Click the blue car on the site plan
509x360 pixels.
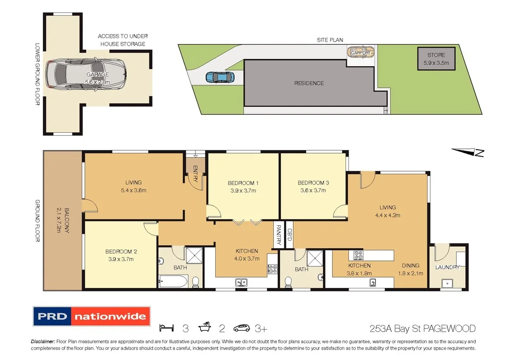[x=219, y=77]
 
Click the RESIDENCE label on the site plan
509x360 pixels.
[x=309, y=83]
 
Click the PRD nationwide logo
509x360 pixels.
[x=91, y=316]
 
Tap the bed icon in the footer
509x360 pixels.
[x=167, y=328]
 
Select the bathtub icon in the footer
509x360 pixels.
[x=205, y=328]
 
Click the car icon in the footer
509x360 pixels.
[x=244, y=328]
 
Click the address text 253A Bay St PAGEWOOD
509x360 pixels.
[x=423, y=328]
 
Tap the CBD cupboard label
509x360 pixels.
[x=289, y=234]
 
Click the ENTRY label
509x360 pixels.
[x=195, y=174]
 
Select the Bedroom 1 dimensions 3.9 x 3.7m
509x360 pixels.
[x=243, y=190]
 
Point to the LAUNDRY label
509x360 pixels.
[x=447, y=267]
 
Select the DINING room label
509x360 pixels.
[x=411, y=266]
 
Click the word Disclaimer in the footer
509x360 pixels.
[x=43, y=342]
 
